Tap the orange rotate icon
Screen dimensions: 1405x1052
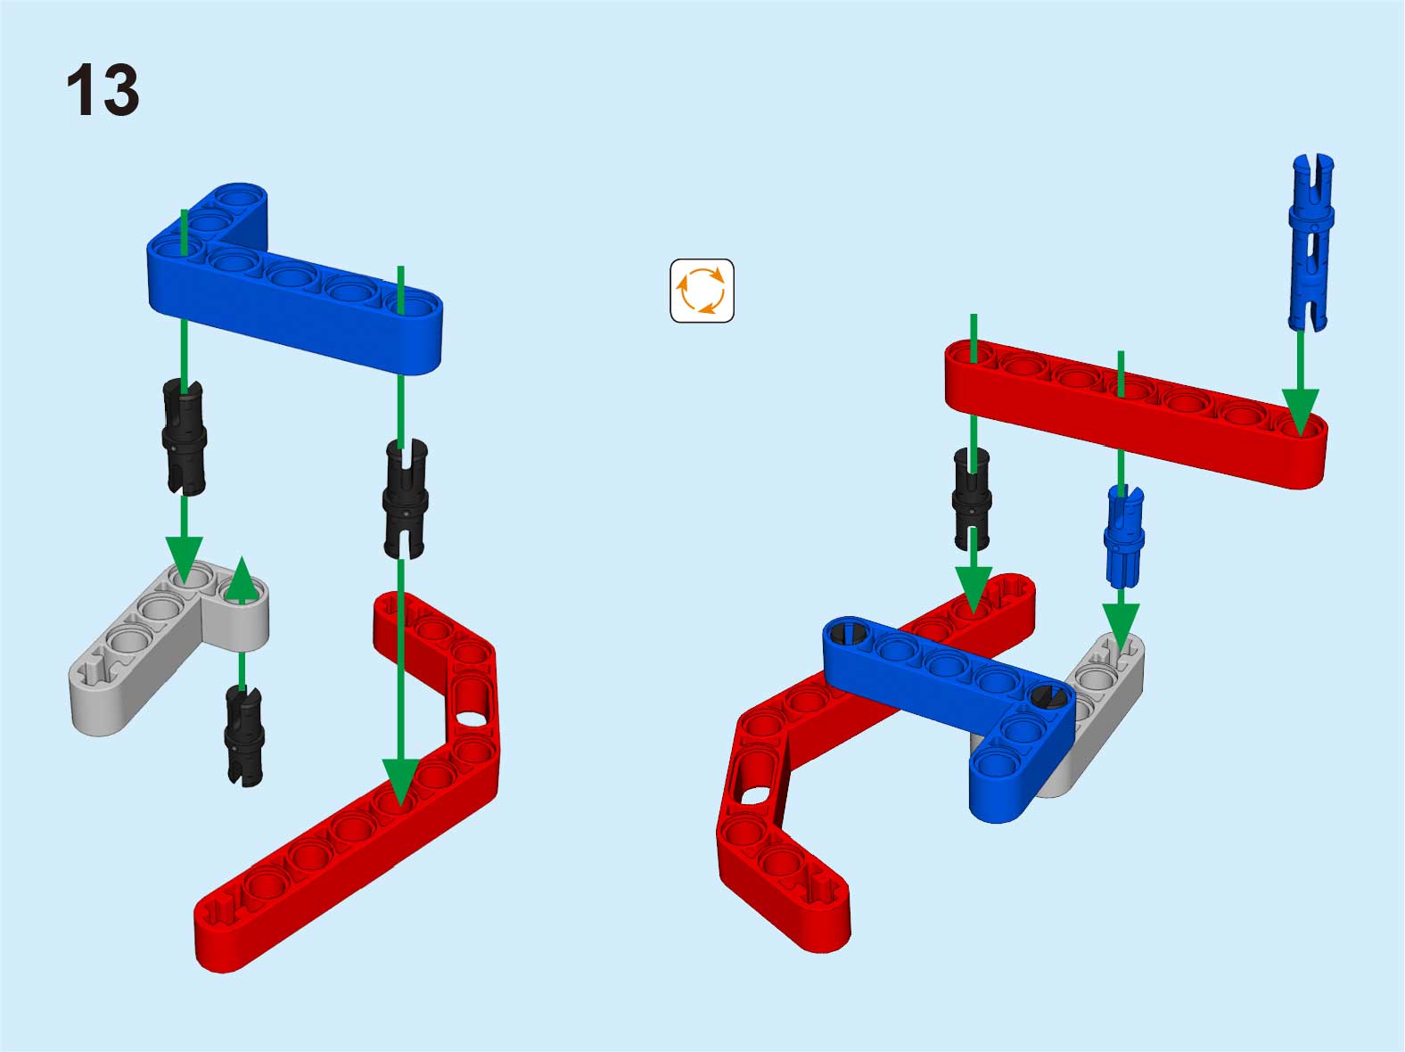702,291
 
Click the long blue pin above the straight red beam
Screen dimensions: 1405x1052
1311,242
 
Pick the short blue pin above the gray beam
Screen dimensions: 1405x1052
1124,536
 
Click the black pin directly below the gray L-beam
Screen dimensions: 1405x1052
244,736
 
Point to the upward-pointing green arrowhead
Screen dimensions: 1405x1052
242,579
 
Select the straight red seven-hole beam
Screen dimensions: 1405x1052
1136,414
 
